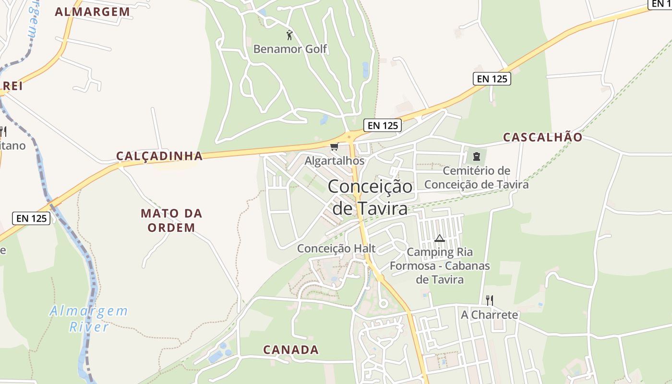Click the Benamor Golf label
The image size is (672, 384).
[290, 49]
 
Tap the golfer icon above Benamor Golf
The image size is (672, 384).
[289, 35]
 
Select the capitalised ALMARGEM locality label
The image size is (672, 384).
[92, 12]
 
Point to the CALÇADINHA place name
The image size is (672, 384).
[159, 156]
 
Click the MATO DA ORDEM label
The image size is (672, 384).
[171, 220]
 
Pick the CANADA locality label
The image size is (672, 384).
[291, 350]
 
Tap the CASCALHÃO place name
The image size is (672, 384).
[542, 137]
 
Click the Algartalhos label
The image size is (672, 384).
[335, 161]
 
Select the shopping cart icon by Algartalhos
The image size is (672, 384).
[334, 147]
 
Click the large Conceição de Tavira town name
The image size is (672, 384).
[370, 197]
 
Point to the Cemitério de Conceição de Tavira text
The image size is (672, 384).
[476, 178]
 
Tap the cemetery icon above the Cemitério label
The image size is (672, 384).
[476, 156]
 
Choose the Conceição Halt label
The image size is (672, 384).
[336, 249]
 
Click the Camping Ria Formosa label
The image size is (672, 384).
[439, 265]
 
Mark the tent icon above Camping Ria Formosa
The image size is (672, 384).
[439, 238]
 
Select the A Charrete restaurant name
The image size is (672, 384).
[490, 315]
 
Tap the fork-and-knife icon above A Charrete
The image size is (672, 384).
[489, 300]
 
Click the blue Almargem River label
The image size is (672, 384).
[89, 319]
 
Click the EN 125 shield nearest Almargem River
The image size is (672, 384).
[32, 218]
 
